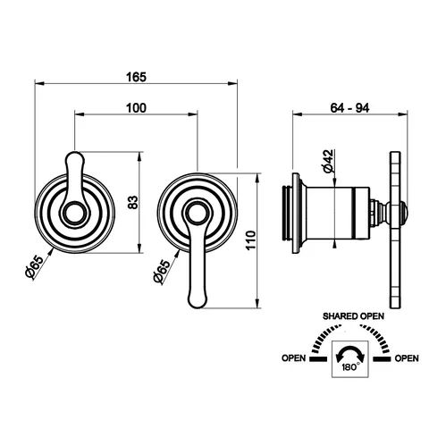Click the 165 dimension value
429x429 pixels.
137,77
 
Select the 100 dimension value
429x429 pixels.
137,108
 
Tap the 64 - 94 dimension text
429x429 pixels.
349,108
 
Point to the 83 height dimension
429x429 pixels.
133,202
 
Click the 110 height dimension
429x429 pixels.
251,240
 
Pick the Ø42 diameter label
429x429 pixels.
328,161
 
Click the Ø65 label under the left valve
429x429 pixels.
35,267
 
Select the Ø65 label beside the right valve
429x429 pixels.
162,271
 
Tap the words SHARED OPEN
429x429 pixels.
353,316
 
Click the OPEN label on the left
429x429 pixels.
294,358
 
